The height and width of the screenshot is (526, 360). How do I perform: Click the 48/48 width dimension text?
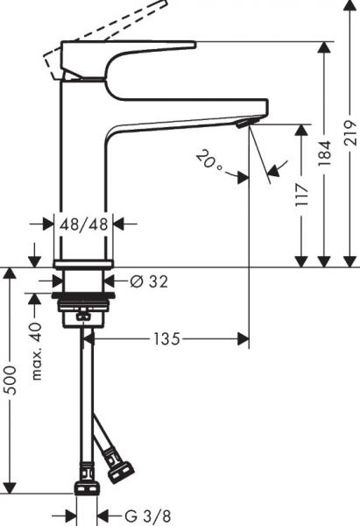pyautogui.click(x=85, y=224)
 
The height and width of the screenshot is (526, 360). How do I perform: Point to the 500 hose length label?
pyautogui.click(x=11, y=377)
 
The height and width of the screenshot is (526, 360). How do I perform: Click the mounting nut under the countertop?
pyautogui.click(x=84, y=306)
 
